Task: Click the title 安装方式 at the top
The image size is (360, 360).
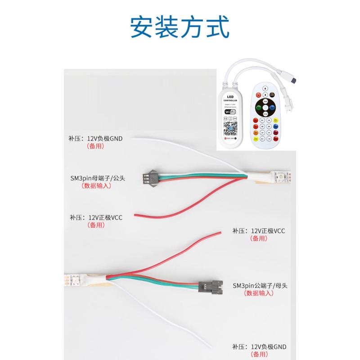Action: [180, 27]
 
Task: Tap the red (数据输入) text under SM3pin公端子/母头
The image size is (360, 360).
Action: [259, 293]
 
